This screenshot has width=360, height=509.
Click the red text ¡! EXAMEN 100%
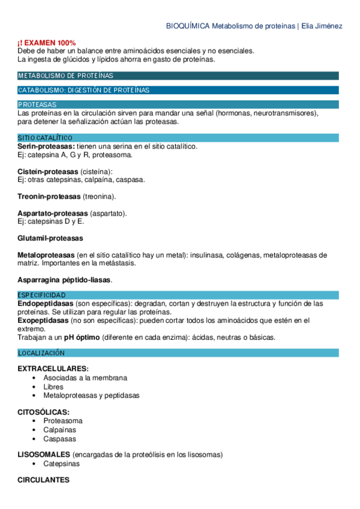[47, 43]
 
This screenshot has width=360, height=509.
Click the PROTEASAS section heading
[37, 104]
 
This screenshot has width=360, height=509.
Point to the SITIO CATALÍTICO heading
[45, 138]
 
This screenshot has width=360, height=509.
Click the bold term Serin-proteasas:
[46, 146]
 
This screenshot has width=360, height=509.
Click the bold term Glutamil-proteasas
[50, 238]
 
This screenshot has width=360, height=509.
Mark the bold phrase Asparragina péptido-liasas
[64, 280]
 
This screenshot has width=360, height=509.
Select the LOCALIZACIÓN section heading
[41, 353]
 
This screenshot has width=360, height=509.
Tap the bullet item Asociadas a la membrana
[85, 378]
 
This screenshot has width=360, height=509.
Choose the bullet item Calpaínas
[59, 430]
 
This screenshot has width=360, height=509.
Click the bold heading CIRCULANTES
[43, 480]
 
